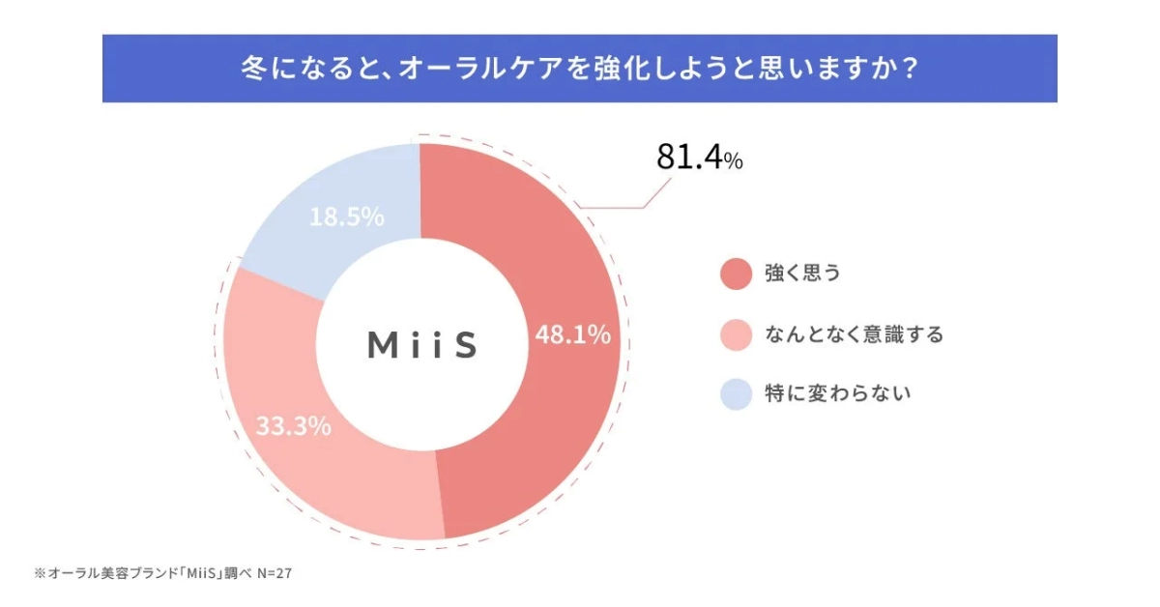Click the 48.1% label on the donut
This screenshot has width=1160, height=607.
click(x=573, y=335)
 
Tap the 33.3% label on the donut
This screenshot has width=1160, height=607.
click(x=294, y=425)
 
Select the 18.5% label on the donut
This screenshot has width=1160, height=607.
click(x=347, y=217)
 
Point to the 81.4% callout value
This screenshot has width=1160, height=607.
click(x=699, y=159)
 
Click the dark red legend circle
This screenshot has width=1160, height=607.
click(x=736, y=274)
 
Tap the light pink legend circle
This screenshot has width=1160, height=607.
click(x=736, y=334)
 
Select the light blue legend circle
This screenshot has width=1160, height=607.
click(x=736, y=394)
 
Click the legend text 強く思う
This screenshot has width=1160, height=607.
click(x=802, y=274)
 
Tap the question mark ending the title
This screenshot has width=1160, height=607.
click(x=908, y=71)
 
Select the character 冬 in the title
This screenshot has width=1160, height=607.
click(x=252, y=71)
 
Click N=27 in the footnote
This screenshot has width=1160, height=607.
click(x=275, y=573)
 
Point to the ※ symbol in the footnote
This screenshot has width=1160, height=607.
click(x=40, y=573)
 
